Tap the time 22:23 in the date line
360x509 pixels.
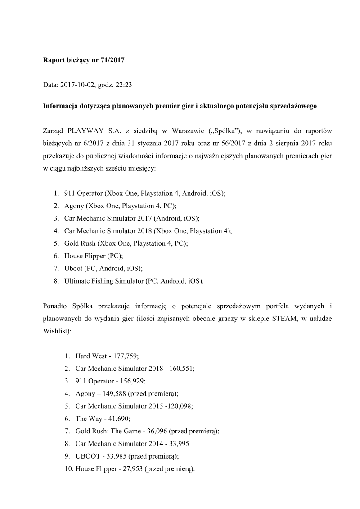click(123, 83)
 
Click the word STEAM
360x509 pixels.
click(283, 318)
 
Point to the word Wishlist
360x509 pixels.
click(55, 330)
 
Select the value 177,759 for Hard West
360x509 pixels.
click(127, 355)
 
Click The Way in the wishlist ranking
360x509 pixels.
click(87, 418)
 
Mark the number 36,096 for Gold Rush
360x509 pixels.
click(152, 431)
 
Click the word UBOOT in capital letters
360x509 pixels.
click(86, 456)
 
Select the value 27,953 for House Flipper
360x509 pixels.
click(128, 468)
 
